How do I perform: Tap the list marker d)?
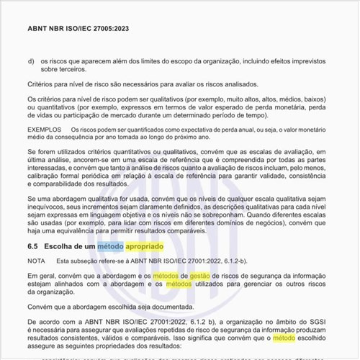coord(31,61)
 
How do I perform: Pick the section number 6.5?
coord(34,246)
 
